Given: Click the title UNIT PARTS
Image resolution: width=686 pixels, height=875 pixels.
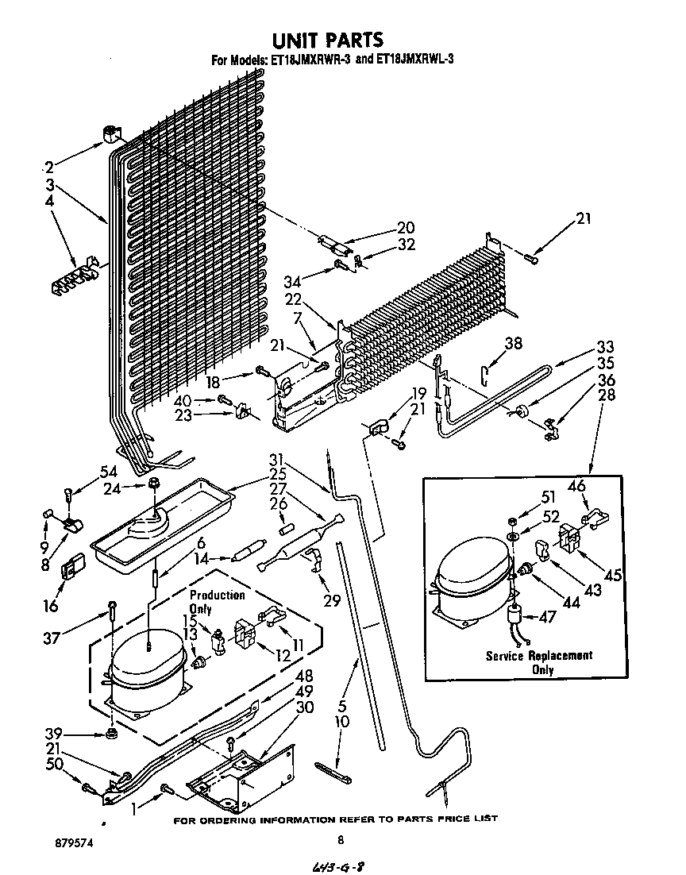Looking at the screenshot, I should pos(328,39).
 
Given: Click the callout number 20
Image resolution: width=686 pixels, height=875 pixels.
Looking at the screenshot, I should pos(407,228).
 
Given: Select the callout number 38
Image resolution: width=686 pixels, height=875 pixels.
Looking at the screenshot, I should pos(514,342).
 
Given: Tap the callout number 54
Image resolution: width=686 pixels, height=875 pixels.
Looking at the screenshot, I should pos(108,472).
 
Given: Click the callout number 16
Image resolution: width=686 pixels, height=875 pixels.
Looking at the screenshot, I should pos(51,606).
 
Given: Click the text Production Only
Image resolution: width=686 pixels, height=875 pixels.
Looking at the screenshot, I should pos(217,602).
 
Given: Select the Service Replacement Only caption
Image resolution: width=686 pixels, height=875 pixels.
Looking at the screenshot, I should pos(539,662).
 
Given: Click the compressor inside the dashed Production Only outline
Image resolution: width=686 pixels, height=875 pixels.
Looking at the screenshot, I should pos(148,671).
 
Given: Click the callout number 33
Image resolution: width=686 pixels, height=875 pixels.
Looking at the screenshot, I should pos(606,346).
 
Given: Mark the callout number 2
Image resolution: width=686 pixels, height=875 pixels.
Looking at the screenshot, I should pos(49,168).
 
